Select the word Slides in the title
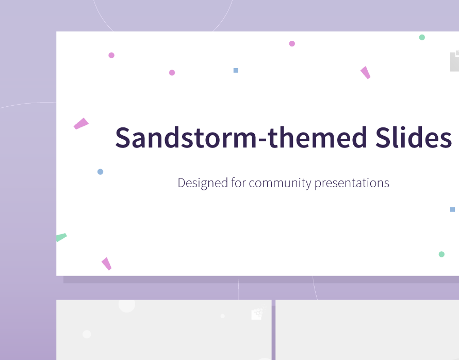[414, 137]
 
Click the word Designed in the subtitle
[203, 183]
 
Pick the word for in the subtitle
[239, 183]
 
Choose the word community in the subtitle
[280, 184]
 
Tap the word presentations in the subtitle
[352, 184]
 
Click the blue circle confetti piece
[100, 172]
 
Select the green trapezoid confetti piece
[61, 237]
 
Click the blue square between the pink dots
[236, 70]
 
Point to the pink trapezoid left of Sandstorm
[81, 123]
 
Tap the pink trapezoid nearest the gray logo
[365, 73]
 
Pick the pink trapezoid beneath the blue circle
[106, 264]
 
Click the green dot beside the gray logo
[422, 37]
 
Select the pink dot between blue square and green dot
[292, 44]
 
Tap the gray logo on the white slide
[454, 61]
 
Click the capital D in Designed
[182, 183]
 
